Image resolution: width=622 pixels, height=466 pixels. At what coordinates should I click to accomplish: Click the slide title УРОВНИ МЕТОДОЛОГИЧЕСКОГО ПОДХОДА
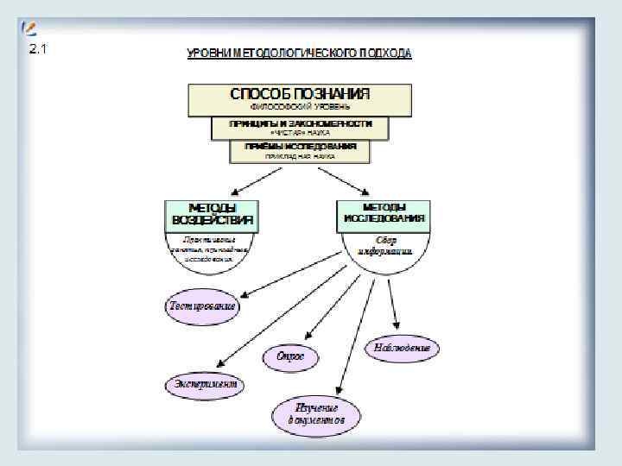[x=300, y=54]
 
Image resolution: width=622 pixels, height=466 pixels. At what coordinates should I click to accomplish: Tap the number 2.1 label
[x=38, y=48]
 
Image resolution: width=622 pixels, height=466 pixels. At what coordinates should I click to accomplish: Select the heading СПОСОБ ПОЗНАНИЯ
[x=300, y=93]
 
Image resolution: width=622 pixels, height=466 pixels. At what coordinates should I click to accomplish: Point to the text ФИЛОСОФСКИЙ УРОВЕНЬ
[x=300, y=107]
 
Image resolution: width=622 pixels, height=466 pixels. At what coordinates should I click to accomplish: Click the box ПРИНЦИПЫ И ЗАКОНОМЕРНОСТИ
[x=300, y=124]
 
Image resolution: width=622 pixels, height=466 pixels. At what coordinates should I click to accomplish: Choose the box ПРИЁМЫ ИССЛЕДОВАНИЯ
[x=300, y=147]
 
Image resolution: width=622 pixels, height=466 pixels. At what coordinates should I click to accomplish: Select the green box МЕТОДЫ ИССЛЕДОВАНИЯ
[x=382, y=214]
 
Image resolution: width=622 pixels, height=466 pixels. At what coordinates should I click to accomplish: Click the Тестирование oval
[x=202, y=306]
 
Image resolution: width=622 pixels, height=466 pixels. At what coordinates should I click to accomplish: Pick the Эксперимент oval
[x=205, y=384]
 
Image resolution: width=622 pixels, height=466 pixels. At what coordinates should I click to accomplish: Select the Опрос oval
[x=290, y=356]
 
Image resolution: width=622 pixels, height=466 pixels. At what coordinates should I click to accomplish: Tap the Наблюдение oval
[x=402, y=349]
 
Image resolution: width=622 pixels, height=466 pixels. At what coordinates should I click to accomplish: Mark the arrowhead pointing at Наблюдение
[x=395, y=324]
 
